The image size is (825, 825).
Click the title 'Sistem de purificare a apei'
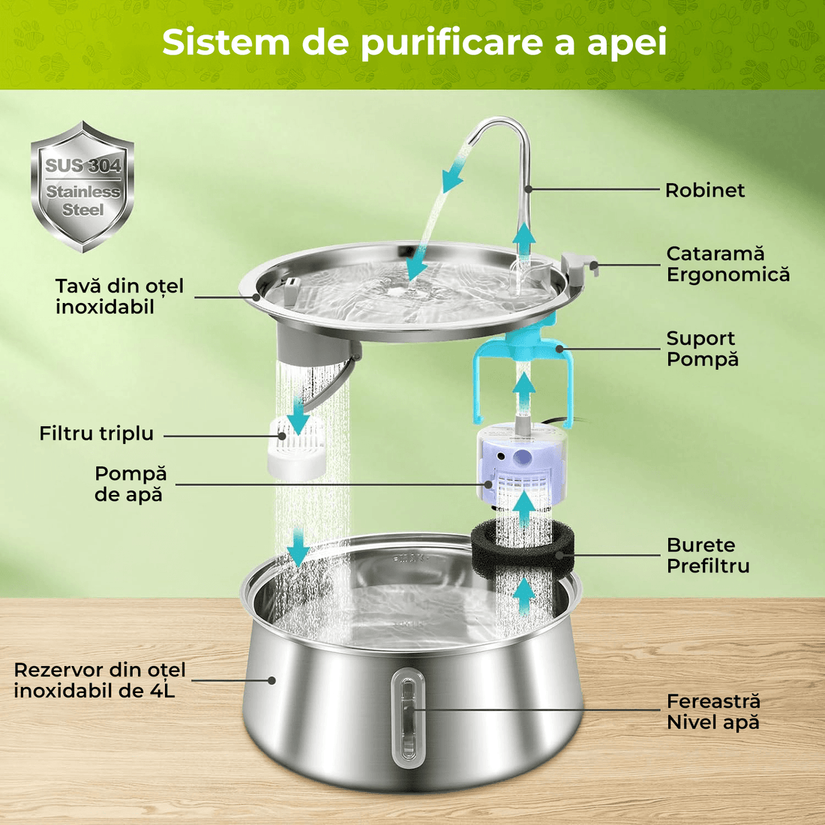(414, 42)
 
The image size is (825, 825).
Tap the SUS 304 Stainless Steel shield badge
(82, 187)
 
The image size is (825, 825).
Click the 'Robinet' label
(704, 190)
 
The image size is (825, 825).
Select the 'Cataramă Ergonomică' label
(727, 264)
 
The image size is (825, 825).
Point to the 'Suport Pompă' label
(702, 349)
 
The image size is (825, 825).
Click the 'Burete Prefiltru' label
(707, 556)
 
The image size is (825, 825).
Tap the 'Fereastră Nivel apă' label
(712, 712)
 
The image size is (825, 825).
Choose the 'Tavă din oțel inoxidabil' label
(119, 296)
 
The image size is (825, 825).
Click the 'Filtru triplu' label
(96, 433)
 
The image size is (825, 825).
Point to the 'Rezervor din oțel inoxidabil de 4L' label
(99, 680)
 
